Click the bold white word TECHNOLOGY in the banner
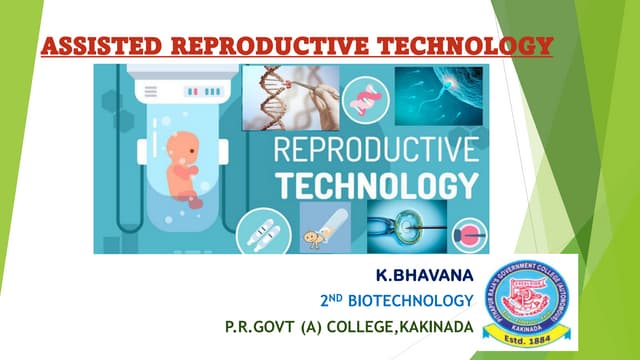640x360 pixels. [375, 187]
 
